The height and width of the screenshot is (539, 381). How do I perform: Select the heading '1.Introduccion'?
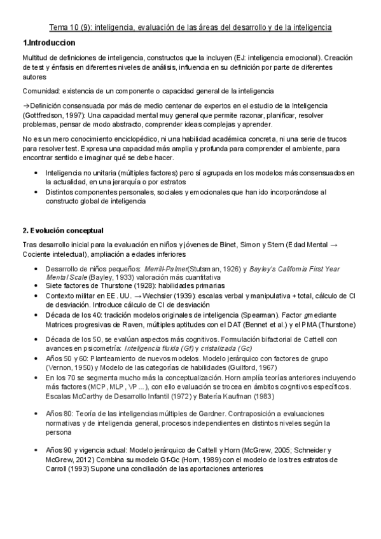[49, 43]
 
